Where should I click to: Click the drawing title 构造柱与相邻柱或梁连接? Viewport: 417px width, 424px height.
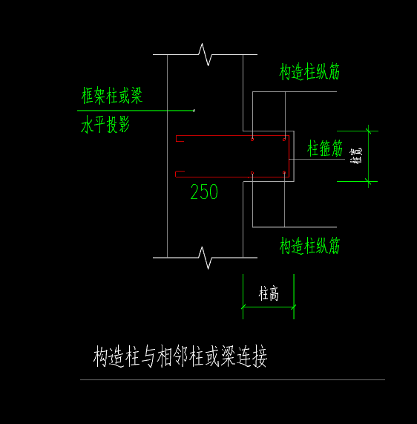pyautogui.click(x=180, y=357)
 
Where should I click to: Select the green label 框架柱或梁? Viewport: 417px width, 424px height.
pyautogui.click(x=112, y=96)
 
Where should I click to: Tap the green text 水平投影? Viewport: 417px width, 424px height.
pyautogui.click(x=105, y=125)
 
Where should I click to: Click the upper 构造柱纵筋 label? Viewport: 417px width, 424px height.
pyautogui.click(x=309, y=71)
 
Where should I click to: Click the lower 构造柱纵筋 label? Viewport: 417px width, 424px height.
pyautogui.click(x=309, y=245)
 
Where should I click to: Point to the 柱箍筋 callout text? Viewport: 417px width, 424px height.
pyautogui.click(x=326, y=149)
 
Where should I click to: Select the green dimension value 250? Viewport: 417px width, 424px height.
pyautogui.click(x=204, y=192)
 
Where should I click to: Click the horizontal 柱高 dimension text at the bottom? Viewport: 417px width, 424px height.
pyautogui.click(x=269, y=294)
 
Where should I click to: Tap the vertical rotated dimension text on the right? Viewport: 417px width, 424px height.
pyautogui.click(x=357, y=157)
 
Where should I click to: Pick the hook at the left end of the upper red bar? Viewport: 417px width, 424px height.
pyautogui.click(x=178, y=138)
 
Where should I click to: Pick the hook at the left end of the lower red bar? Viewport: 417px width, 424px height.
pyautogui.click(x=178, y=175)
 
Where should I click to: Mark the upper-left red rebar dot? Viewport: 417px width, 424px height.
pyautogui.click(x=252, y=139)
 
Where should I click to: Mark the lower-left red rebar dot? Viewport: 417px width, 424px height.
pyautogui.click(x=252, y=174)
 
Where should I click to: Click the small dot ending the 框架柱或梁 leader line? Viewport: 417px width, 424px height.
pyautogui.click(x=194, y=111)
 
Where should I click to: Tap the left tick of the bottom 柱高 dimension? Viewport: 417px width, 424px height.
pyautogui.click(x=243, y=305)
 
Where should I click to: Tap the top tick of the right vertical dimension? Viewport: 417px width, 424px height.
pyautogui.click(x=368, y=131)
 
